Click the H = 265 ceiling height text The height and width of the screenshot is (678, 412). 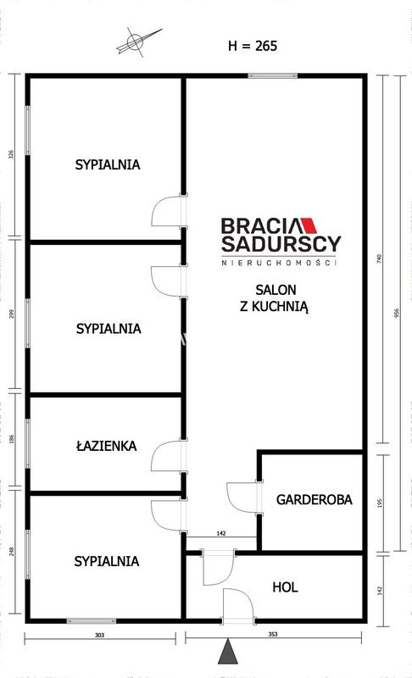(253, 46)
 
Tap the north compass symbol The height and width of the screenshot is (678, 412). (137, 42)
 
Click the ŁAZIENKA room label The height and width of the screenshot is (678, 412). (106, 446)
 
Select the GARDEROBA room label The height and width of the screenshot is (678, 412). (315, 499)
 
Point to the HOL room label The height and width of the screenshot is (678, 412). (286, 587)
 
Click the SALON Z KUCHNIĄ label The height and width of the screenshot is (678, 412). (274, 298)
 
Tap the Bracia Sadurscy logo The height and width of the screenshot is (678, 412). (281, 242)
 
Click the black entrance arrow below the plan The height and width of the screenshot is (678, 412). (227, 652)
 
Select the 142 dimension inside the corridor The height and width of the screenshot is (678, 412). (221, 534)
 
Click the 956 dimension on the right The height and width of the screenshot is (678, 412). (397, 313)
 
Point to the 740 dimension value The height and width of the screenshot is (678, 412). (379, 259)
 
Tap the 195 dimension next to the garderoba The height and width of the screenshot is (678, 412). (380, 503)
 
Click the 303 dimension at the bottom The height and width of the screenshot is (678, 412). (100, 635)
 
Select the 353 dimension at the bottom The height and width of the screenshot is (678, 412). (273, 634)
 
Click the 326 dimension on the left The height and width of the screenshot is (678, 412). (12, 154)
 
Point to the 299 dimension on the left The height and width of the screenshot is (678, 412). (12, 314)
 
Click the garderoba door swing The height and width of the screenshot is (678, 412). (242, 497)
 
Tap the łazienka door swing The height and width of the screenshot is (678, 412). (166, 456)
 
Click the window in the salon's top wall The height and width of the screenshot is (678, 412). (273, 75)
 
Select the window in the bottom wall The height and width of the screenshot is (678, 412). (92, 621)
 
